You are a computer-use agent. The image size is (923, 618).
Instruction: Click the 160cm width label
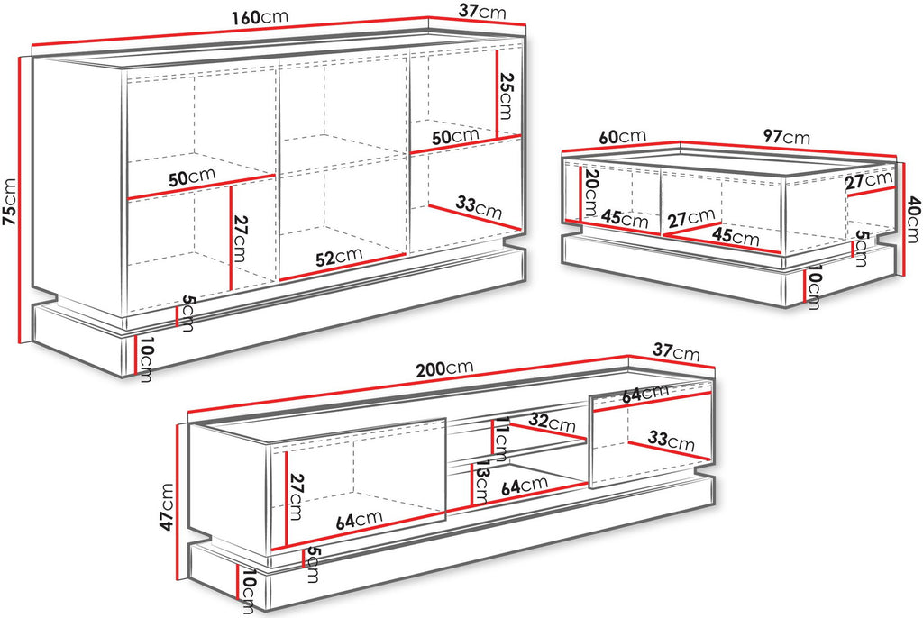point(259,17)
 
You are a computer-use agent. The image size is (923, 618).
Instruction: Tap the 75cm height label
point(10,201)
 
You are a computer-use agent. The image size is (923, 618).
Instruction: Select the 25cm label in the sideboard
point(506,95)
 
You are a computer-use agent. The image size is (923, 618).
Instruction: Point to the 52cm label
point(339,257)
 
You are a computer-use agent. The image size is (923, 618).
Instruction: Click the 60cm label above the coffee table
point(622,137)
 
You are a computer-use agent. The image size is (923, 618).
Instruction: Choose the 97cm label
point(786,137)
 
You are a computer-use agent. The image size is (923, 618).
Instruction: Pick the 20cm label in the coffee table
point(589,193)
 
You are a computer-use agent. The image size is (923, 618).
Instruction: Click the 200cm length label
point(444,369)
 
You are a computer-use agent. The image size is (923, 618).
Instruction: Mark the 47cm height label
point(167,507)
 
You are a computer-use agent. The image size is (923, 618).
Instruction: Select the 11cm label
point(501,439)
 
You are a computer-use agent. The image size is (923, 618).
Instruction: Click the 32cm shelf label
point(552,422)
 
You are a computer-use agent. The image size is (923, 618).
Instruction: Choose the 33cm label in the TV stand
point(671,440)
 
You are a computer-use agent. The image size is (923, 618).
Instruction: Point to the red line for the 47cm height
point(178,502)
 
